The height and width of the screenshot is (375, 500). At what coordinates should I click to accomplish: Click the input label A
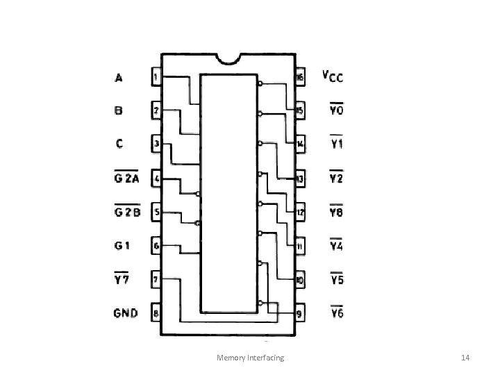coord(119,78)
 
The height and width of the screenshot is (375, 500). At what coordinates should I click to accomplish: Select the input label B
coord(119,110)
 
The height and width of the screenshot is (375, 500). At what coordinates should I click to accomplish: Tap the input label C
coord(119,144)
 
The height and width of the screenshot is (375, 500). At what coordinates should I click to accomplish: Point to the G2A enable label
coord(126,178)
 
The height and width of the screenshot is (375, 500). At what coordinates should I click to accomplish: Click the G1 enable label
coord(122,245)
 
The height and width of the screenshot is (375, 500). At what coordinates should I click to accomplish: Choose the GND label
coord(126,312)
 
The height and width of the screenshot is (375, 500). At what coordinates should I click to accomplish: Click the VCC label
coord(334,76)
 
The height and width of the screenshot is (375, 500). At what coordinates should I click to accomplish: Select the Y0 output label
coord(337,110)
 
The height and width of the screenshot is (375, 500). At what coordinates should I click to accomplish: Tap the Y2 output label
coord(337,178)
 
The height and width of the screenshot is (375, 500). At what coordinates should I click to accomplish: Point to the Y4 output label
coord(337,245)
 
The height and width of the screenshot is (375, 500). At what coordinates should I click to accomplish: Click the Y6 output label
coord(337,313)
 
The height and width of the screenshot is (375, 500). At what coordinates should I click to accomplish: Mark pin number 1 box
coord(156,76)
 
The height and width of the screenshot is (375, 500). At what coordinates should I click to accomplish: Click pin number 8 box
coord(156,313)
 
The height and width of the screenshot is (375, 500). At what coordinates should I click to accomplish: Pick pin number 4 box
coord(156,178)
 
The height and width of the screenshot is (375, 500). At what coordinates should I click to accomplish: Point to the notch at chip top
coord(228,56)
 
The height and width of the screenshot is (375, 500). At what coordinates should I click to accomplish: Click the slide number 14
coord(466,358)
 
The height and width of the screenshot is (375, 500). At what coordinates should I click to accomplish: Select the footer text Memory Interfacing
coord(250,358)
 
